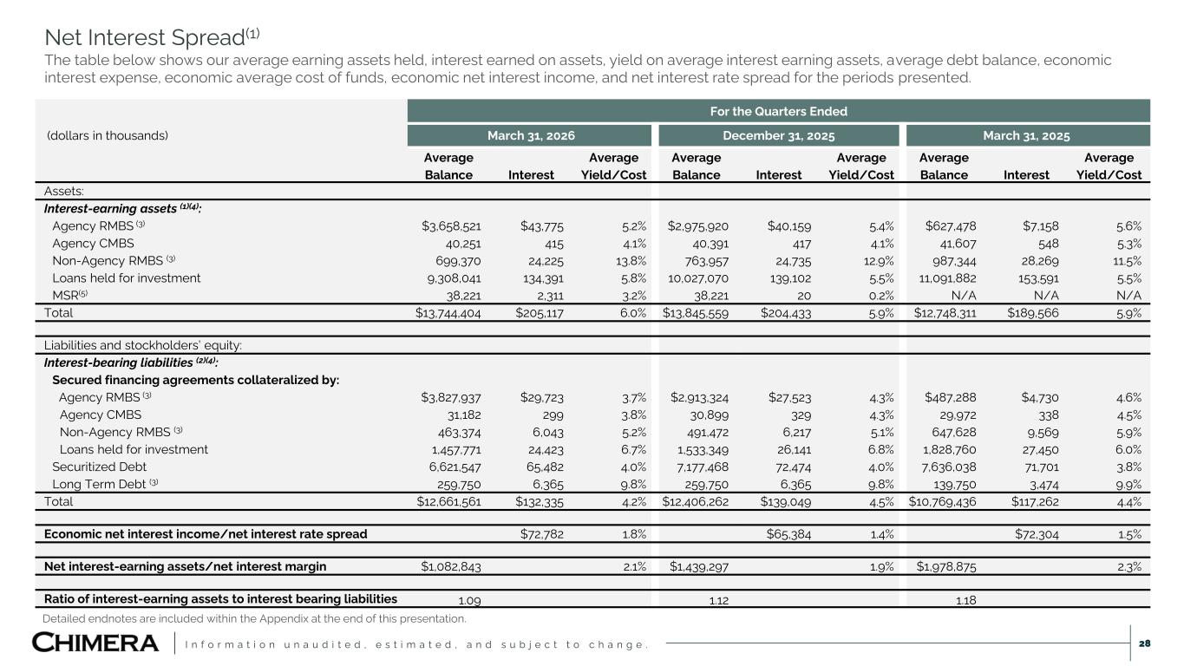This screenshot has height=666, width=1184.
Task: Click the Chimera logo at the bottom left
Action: tap(95, 643)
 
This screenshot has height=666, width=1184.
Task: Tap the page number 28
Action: tap(1144, 643)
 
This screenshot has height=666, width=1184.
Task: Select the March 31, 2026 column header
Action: tap(531, 136)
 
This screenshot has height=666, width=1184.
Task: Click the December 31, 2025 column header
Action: tap(779, 136)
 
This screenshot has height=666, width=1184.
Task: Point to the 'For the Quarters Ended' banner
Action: tap(779, 111)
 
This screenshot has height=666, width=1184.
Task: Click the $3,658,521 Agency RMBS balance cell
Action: tap(451, 226)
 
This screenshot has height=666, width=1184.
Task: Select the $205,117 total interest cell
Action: tap(540, 313)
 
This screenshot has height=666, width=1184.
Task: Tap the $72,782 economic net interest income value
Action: tap(542, 534)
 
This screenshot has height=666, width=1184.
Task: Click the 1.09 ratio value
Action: tap(469, 600)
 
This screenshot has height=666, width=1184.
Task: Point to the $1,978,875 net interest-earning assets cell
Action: tap(946, 566)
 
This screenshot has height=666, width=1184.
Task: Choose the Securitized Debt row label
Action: tap(100, 467)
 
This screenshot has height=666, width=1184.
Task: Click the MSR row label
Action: tap(69, 295)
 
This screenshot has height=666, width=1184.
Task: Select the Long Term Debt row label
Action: tap(105, 484)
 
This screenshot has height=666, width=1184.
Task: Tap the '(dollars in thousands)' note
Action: tap(108, 136)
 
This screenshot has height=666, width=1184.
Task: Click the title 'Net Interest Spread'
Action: tap(153, 37)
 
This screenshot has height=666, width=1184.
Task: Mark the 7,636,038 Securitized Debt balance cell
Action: tap(948, 467)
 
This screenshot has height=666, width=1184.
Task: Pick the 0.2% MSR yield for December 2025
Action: tap(881, 296)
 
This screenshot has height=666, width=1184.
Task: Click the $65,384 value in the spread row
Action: tap(788, 534)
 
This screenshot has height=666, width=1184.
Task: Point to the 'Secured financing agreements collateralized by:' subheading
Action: tap(195, 380)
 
